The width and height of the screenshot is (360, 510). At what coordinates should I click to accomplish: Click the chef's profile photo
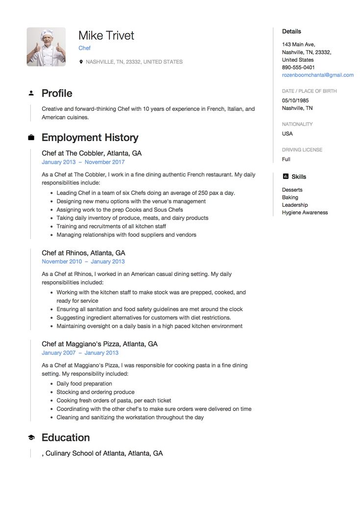click(x=46, y=47)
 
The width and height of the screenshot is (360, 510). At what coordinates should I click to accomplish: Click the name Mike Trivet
click(x=106, y=35)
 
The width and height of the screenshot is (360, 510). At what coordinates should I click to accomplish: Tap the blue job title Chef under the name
click(x=84, y=48)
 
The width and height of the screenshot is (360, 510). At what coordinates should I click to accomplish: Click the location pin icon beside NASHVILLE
click(x=81, y=62)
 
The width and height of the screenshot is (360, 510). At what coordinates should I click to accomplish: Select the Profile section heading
click(x=57, y=93)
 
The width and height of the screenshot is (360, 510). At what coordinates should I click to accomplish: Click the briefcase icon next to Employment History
click(x=31, y=138)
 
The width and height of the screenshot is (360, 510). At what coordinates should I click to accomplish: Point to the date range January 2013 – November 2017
click(x=83, y=162)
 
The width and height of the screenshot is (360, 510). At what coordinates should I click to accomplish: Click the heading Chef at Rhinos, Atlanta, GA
click(x=83, y=253)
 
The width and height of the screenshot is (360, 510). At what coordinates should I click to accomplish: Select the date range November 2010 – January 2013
click(x=83, y=262)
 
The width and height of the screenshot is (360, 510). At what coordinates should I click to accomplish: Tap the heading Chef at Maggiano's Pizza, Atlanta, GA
click(x=99, y=344)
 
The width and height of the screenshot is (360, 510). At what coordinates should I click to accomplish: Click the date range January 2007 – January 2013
click(x=80, y=353)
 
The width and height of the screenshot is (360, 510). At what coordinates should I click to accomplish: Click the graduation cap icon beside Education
click(x=31, y=437)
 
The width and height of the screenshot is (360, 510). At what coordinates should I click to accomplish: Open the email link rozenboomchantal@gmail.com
click(x=317, y=75)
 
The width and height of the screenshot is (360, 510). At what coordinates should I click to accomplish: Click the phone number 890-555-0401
click(x=298, y=67)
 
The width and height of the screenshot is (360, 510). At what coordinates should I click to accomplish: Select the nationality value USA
click(x=288, y=134)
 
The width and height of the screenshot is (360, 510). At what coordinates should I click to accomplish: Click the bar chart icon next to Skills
click(x=285, y=176)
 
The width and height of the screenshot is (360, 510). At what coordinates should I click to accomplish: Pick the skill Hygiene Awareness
click(x=305, y=213)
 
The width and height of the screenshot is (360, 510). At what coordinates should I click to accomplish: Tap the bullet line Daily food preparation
click(x=84, y=384)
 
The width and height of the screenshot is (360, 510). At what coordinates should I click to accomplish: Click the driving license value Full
click(x=286, y=159)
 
